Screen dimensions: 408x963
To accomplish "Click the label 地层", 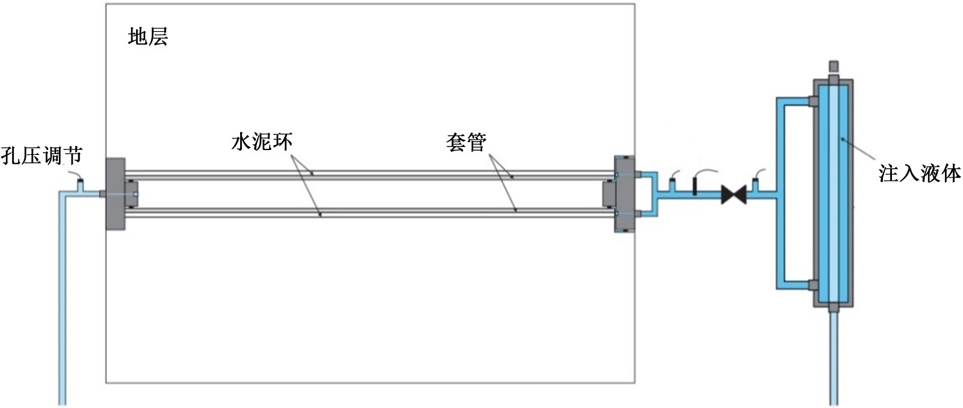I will point(147,37).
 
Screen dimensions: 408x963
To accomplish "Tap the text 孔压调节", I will point(41,155).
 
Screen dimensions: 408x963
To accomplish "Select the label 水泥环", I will point(262,142).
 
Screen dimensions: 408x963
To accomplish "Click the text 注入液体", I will point(919,174).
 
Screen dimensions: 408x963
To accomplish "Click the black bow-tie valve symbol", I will point(734,194).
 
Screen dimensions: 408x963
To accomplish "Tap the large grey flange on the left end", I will point(115,193).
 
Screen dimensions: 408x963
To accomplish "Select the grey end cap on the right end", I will point(624,193).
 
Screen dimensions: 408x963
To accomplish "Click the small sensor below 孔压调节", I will point(81,180).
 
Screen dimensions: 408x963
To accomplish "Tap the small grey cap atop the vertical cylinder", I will point(834,65).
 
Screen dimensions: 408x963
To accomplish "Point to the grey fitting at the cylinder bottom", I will point(833,308).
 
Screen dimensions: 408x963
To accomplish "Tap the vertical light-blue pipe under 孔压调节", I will point(62,301).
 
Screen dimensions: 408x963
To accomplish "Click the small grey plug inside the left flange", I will point(131,193).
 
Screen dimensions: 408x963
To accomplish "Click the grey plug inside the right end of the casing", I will point(608,193).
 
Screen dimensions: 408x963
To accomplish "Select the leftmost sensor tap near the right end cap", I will point(672,180).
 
